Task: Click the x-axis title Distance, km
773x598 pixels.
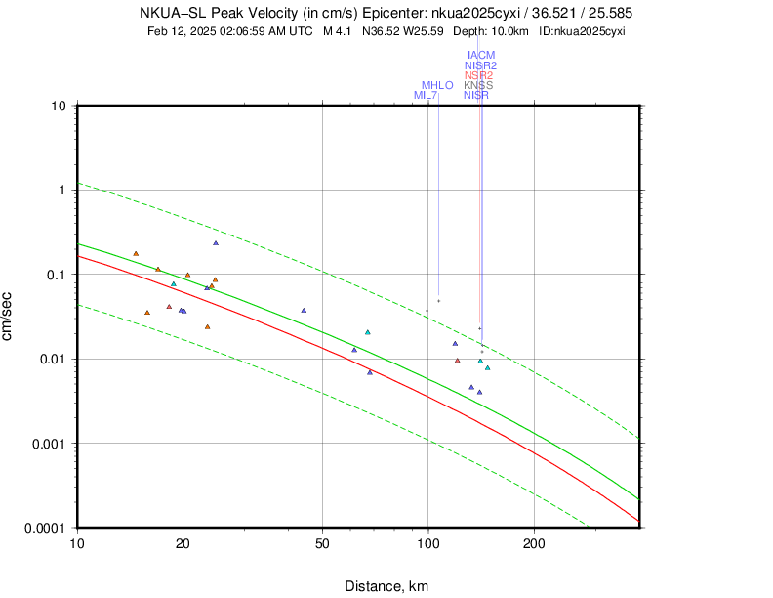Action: (386, 586)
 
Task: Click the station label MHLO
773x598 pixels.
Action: (437, 85)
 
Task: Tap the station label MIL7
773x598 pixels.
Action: (426, 95)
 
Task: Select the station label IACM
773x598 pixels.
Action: (481, 55)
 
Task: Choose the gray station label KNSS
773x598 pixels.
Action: (478, 85)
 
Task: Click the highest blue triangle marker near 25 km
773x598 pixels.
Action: (216, 243)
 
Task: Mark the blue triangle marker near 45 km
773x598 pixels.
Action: (304, 311)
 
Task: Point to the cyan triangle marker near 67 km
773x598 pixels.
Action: (367, 332)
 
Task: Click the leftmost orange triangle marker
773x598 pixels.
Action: (136, 254)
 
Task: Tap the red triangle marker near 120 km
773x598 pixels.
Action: (457, 361)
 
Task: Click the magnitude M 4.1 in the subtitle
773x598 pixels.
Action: (337, 31)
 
